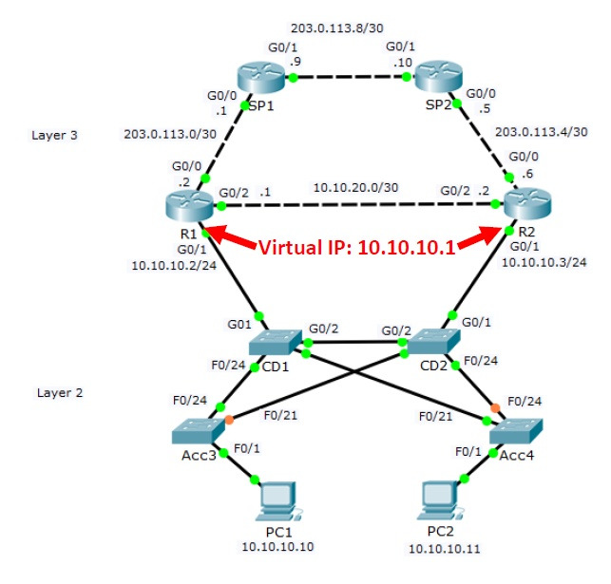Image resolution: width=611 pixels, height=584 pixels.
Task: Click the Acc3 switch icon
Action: coord(197,433)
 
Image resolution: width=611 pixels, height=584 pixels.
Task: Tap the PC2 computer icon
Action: coord(441,501)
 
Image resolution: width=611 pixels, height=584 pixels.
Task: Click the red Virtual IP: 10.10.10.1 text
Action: coord(358,248)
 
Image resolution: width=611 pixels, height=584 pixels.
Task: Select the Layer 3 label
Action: coord(54,135)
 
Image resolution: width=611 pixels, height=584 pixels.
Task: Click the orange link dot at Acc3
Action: coord(229,419)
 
